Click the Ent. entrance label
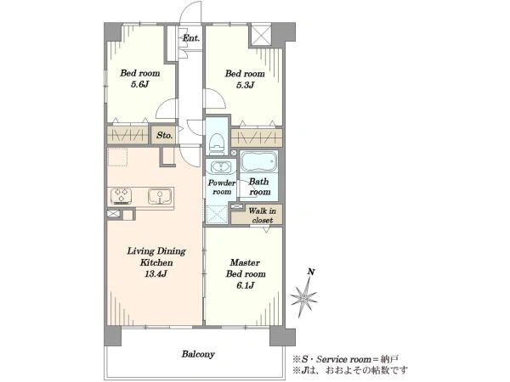191,38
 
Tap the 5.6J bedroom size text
140,84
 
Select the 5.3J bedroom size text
245,85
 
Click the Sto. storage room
164,135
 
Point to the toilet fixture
217,143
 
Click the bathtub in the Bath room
259,161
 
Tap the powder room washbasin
221,167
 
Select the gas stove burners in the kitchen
121,196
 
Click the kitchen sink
160,197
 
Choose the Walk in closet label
262,216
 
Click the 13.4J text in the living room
156,274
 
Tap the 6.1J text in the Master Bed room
246,285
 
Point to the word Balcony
198,354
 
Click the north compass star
304,297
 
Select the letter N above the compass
311,272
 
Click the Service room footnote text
345,359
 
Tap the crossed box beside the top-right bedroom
261,35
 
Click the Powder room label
222,188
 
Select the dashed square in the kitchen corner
117,157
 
